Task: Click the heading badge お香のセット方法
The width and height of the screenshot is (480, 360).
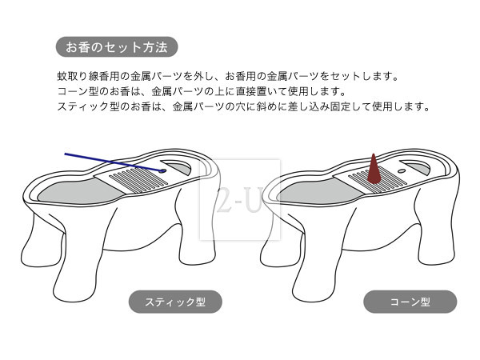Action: pyautogui.click(x=117, y=47)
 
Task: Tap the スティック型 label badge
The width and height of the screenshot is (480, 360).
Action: pyautogui.click(x=175, y=302)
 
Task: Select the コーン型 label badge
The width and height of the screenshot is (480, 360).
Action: pyautogui.click(x=410, y=302)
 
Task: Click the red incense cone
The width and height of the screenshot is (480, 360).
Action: pyautogui.click(x=373, y=169)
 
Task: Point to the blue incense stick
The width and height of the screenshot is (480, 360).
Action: pyautogui.click(x=114, y=162)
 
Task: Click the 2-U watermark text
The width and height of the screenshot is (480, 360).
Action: pyautogui.click(x=239, y=201)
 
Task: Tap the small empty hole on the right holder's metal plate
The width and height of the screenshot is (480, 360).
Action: pyautogui.click(x=402, y=171)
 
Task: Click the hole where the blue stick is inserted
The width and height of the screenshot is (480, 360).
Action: pyautogui.click(x=163, y=171)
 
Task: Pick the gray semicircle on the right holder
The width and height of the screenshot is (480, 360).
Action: pyautogui.click(x=417, y=166)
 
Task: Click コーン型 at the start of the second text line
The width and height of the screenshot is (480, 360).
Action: pyautogui.click(x=78, y=91)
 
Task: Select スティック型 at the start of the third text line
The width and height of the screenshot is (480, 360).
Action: pyautogui.click(x=89, y=106)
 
